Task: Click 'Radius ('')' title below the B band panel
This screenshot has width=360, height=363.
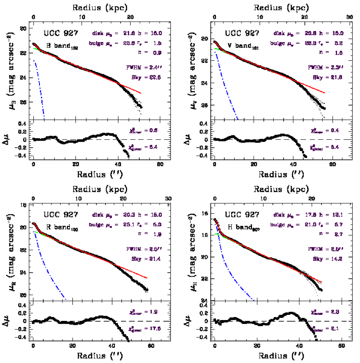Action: [98, 175]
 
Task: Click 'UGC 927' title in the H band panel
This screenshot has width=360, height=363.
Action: [242, 215]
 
